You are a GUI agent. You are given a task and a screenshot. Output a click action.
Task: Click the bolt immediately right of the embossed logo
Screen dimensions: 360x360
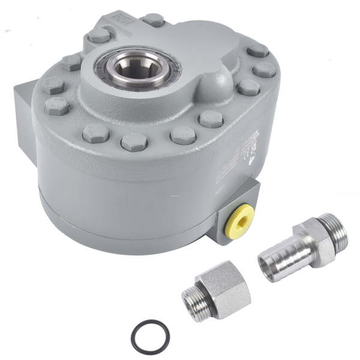pyautogui.click(x=153, y=20)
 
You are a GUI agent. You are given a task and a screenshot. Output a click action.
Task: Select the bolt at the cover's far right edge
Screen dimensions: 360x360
pyautogui.click(x=264, y=70)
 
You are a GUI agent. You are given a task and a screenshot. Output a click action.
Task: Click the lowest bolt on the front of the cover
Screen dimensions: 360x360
pyautogui.click(x=134, y=142)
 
